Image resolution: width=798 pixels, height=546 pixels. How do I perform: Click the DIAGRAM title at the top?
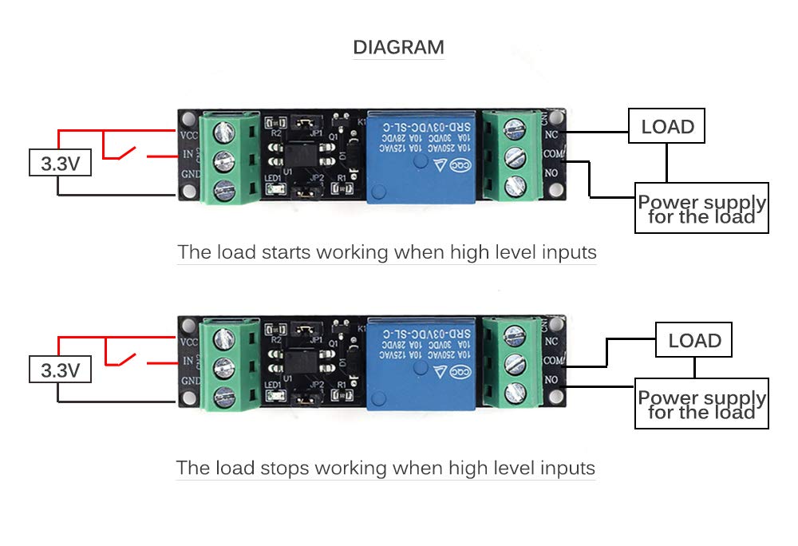point(398,47)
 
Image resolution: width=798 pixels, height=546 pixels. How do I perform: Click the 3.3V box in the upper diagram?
point(60,164)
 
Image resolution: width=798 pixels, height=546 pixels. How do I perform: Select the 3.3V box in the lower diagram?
point(60,370)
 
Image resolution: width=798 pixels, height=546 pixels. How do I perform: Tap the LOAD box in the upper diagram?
point(667,127)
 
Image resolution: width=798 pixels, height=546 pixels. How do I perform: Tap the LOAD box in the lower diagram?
point(694,341)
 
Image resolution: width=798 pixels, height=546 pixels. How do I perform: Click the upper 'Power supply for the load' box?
point(701,208)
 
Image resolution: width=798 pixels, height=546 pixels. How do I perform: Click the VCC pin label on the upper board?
point(189,134)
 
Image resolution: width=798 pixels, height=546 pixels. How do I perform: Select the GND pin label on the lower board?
point(190,382)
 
